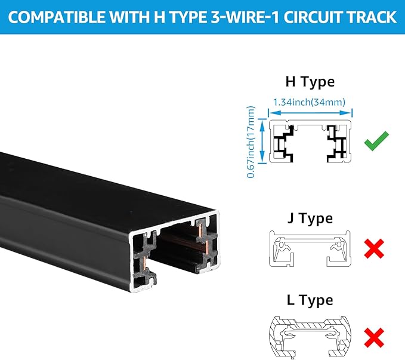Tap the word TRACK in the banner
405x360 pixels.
[372, 17]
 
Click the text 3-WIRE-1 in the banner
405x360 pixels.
[245, 17]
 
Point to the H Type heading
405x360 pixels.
[310, 82]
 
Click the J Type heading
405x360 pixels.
[310, 219]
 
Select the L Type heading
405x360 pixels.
[310, 300]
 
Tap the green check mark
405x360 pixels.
[376, 140]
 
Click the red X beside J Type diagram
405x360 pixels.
[374, 248]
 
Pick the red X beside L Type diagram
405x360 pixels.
[374, 338]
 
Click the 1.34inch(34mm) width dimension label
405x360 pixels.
[309, 102]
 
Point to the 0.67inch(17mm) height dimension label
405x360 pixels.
[251, 141]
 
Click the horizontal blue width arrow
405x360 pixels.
[310, 113]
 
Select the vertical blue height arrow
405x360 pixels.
[262, 141]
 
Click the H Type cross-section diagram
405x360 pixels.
[310, 141]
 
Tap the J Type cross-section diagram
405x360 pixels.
[310, 248]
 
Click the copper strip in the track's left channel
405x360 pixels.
[144, 263]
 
